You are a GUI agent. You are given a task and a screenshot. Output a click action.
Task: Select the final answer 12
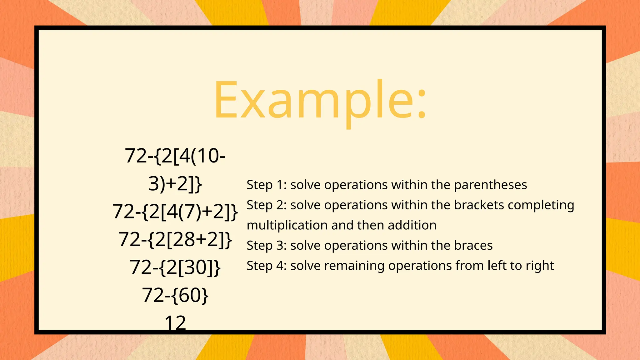(175, 323)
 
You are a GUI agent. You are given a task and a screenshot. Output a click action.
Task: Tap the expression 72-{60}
(175, 295)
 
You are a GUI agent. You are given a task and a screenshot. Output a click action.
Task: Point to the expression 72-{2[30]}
(175, 267)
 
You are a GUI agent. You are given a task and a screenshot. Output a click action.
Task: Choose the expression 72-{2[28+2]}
(175, 239)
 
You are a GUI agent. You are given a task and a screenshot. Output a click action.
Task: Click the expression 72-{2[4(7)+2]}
(175, 212)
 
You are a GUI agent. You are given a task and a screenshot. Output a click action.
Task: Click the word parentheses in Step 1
(490, 185)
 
